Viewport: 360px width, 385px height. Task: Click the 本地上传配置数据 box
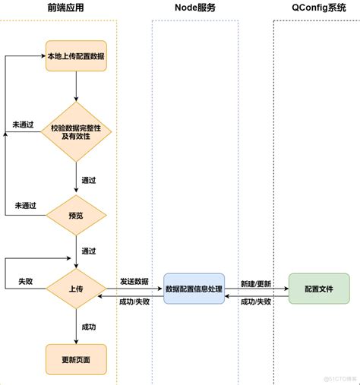click(x=76, y=56)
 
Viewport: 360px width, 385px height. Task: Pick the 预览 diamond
click(x=76, y=215)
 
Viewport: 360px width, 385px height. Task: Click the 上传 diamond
click(x=76, y=289)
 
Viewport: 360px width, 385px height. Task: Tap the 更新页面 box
click(x=76, y=358)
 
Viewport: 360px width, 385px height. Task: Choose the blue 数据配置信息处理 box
click(x=194, y=289)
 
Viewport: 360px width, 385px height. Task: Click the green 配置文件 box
click(x=319, y=289)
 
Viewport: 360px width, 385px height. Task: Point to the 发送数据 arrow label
click(x=134, y=281)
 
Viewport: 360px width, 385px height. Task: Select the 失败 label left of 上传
click(x=26, y=281)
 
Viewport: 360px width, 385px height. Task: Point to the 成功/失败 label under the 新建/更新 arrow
click(x=257, y=301)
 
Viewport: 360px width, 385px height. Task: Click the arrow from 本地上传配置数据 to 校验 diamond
click(x=76, y=87)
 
